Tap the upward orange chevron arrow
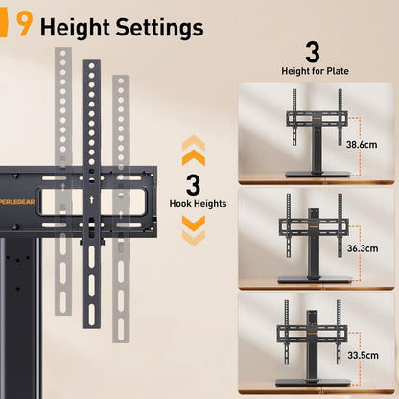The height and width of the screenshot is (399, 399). pyautogui.click(x=193, y=149)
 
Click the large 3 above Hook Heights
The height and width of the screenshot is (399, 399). pyautogui.click(x=194, y=183)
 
